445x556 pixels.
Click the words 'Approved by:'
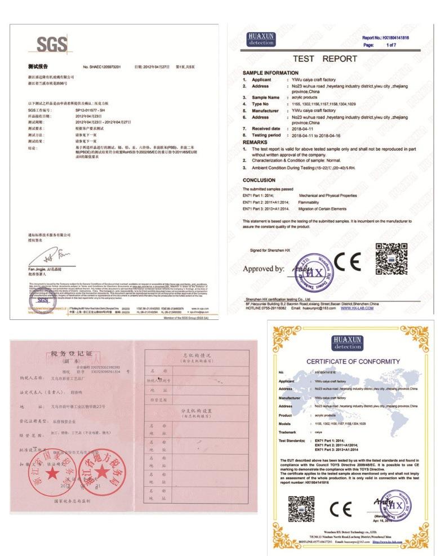(x=263, y=269)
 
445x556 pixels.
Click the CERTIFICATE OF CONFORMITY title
(x=353, y=361)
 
